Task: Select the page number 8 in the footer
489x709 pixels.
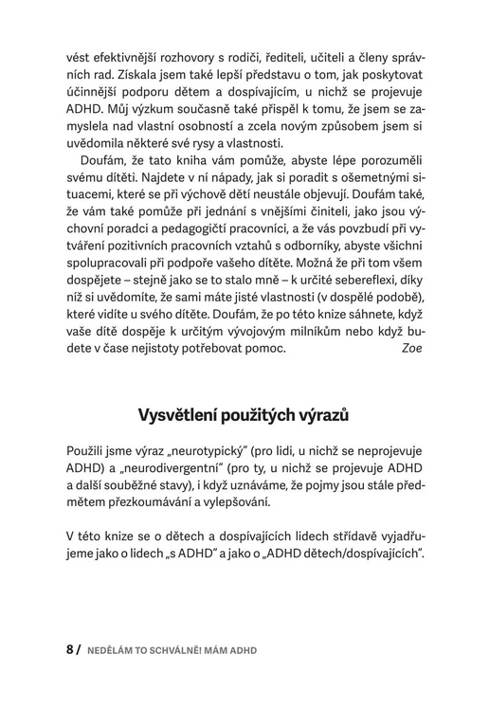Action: coord(68,650)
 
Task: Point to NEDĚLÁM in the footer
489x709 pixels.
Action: coord(109,651)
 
